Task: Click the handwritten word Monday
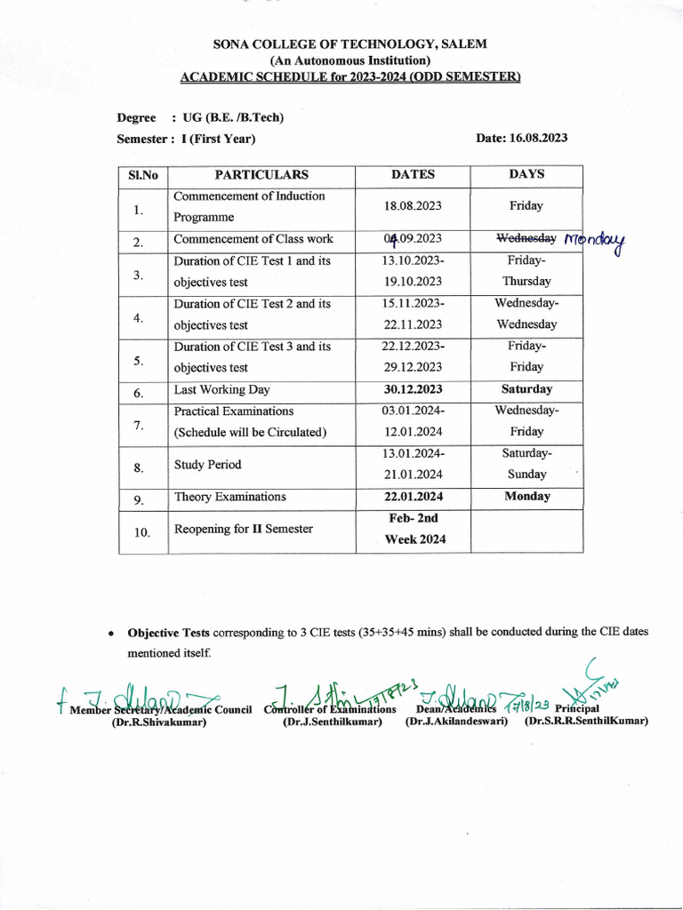595,241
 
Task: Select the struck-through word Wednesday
526,239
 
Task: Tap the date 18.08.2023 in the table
413,206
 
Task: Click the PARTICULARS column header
261,175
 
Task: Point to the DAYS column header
526,175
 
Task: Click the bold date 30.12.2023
413,389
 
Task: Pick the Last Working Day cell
221,390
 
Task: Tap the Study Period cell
207,465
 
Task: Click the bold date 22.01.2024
413,497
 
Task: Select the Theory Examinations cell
229,498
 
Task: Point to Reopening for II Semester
243,530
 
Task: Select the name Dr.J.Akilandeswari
456,722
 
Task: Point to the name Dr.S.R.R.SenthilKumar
586,722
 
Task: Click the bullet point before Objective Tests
109,635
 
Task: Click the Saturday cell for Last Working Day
526,389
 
